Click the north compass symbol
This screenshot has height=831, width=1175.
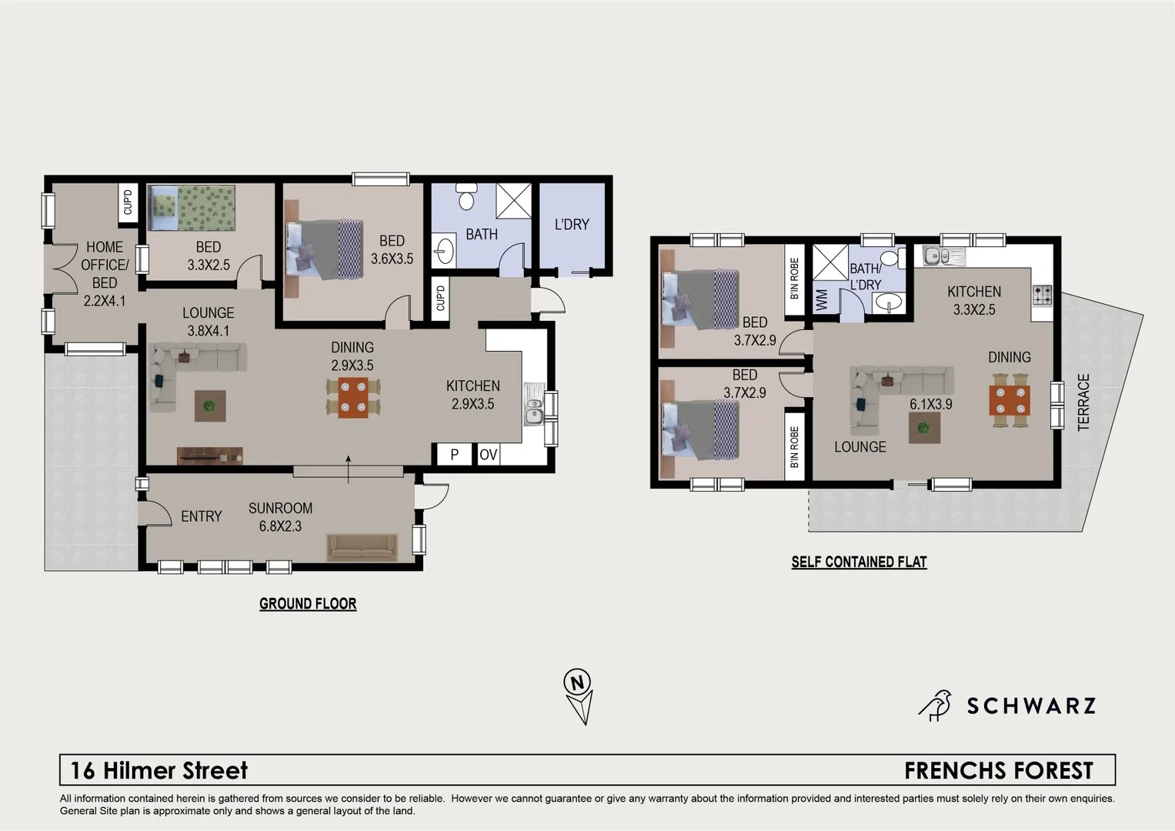coord(578,695)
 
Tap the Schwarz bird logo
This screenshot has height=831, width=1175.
coord(935,705)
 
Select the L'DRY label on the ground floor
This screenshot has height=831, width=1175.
coord(572,225)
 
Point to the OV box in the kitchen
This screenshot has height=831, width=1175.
coord(488,455)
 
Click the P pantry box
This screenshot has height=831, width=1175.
coord(454,455)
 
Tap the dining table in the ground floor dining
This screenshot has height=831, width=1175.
coord(352,398)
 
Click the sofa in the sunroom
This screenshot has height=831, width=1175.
coord(362,548)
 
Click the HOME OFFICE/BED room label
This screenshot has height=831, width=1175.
coord(105,274)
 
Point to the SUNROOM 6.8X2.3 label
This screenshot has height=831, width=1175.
coord(280,517)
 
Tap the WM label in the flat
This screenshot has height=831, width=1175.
coord(822,299)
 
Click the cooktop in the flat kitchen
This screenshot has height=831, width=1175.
coord(1042,295)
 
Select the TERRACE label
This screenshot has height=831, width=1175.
coord(1083,402)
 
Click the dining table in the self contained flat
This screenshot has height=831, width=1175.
coord(1009,400)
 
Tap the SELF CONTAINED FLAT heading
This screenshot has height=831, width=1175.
coord(859,562)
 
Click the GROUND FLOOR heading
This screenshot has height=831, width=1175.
coord(308,604)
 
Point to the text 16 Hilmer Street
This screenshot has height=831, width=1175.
coord(159,770)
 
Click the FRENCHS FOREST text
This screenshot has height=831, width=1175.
coord(998,770)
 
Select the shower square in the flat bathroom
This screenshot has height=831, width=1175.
coord(830,262)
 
